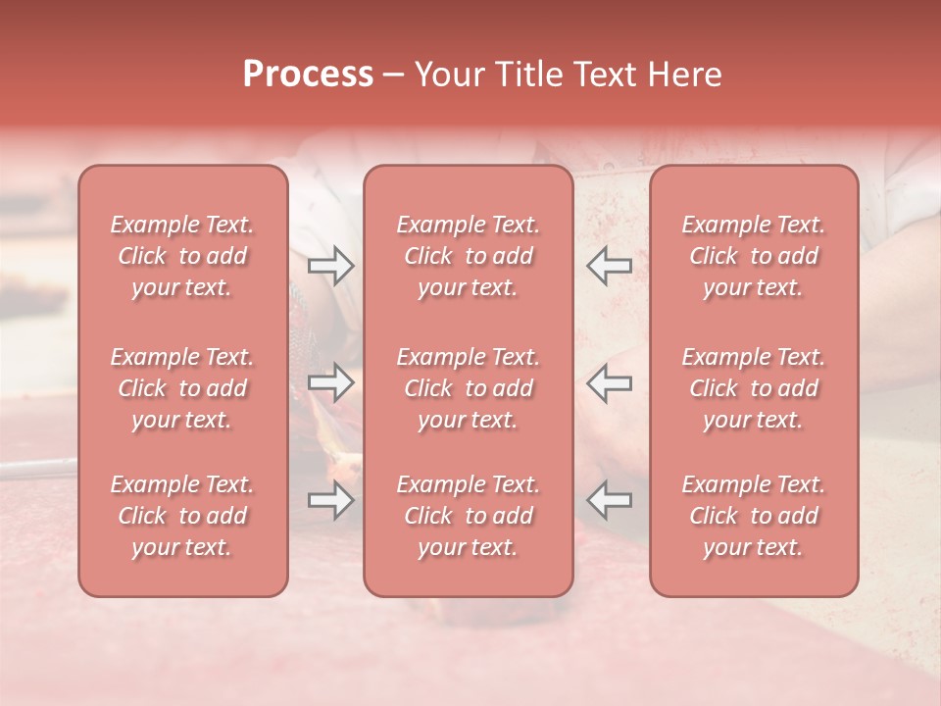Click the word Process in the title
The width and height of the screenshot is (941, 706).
point(308,75)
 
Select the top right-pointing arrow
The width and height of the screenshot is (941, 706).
point(330,266)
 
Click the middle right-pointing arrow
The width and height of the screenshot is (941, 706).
point(330,382)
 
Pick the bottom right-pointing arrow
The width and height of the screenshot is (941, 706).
point(330,500)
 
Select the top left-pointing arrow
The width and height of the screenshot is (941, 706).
point(609,266)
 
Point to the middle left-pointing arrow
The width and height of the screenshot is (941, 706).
point(609,382)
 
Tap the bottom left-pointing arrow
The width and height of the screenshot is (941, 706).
point(609,500)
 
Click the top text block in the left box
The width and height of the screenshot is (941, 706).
point(182,256)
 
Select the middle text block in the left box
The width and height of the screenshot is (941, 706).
point(182,388)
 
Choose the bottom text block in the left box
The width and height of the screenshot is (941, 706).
point(182,516)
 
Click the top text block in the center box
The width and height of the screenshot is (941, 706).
point(468,256)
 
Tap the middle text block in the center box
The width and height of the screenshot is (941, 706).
point(468,388)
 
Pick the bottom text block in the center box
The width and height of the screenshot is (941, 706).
point(468,516)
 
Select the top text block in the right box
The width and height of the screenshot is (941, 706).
point(753,256)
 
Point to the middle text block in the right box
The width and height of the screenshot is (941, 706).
point(753,388)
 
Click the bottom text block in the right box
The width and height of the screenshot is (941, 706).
point(753,516)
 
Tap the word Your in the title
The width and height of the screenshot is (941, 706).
point(446,75)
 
